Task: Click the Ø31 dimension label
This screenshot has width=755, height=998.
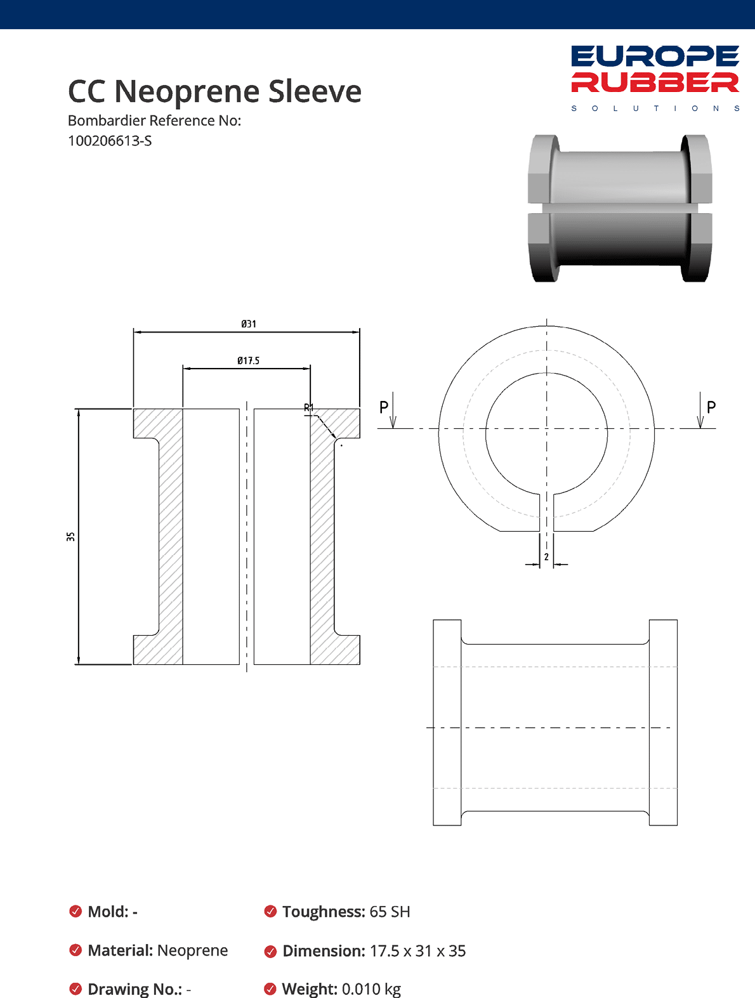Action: (x=249, y=324)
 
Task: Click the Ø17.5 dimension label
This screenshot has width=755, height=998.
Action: (x=248, y=360)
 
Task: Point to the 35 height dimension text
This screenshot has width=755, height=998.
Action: (x=70, y=536)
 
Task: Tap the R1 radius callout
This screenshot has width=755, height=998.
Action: (x=309, y=407)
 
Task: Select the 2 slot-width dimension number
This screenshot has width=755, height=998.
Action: (x=546, y=557)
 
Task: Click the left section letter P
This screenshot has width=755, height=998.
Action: (x=384, y=407)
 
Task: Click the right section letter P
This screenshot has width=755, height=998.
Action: (x=711, y=407)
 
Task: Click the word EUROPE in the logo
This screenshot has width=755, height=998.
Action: (x=655, y=56)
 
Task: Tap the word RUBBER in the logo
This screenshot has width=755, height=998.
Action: (x=655, y=82)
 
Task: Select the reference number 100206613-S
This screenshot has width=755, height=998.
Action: (x=110, y=141)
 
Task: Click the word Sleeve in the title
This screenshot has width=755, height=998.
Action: (x=315, y=91)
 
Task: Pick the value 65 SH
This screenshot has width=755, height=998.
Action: (x=390, y=912)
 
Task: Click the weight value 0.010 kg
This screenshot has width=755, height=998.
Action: (x=371, y=988)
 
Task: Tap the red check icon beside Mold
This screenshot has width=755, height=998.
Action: (x=75, y=912)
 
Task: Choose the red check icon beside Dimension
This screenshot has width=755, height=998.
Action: (x=270, y=951)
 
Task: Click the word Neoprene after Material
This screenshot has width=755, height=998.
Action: (x=192, y=950)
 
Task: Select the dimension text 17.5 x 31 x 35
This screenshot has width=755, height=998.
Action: (x=417, y=951)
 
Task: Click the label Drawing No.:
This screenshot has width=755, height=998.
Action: (x=135, y=989)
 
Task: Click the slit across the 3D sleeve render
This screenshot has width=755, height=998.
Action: (x=620, y=208)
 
